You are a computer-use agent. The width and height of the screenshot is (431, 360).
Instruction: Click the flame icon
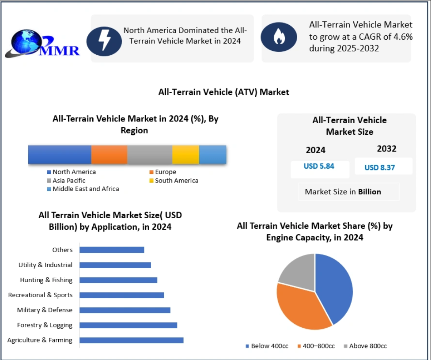pos(279,38)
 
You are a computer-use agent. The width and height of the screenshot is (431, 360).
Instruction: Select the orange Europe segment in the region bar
pos(109,155)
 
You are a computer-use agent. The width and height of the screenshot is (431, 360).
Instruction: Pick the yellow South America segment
pos(185,155)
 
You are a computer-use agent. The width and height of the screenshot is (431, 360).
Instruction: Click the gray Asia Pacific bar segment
pos(150,155)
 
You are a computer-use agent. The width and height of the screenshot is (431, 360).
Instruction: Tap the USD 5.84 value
pos(319,167)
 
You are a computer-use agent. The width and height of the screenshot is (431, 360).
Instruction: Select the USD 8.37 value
pos(380,167)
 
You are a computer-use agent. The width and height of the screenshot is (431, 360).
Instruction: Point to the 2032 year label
pos(386,149)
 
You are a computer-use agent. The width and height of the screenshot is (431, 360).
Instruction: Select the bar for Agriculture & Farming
pos(131,340)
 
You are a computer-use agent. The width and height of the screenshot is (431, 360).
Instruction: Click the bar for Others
pos(112,250)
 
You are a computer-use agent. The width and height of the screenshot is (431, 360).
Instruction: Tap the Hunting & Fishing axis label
pos(46,280)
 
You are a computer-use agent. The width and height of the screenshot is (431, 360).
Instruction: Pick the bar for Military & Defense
pos(125,310)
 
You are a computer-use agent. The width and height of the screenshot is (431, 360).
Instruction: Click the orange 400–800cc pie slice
pos(300,307)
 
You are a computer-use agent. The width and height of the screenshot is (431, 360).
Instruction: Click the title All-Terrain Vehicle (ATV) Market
pos(223,92)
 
